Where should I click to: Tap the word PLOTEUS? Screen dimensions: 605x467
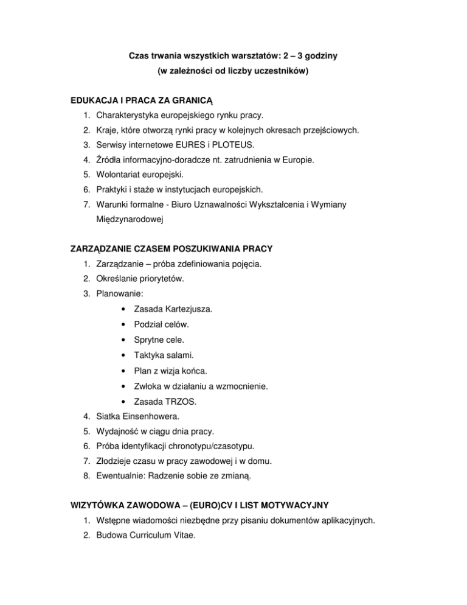233,146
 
